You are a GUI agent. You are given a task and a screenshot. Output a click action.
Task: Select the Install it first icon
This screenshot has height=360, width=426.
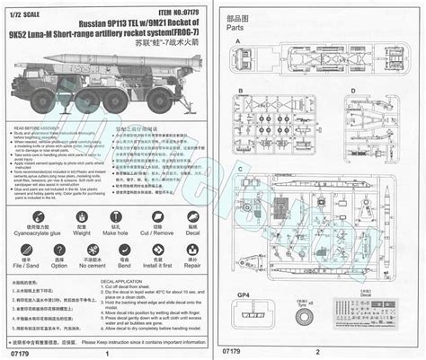(x=157, y=249)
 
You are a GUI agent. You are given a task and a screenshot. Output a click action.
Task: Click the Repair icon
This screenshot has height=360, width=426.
(x=191, y=249)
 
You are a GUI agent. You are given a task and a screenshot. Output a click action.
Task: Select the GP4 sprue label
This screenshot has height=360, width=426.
(x=231, y=294)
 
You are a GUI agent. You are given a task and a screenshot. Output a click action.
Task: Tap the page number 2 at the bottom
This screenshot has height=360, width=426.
(x=316, y=352)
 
